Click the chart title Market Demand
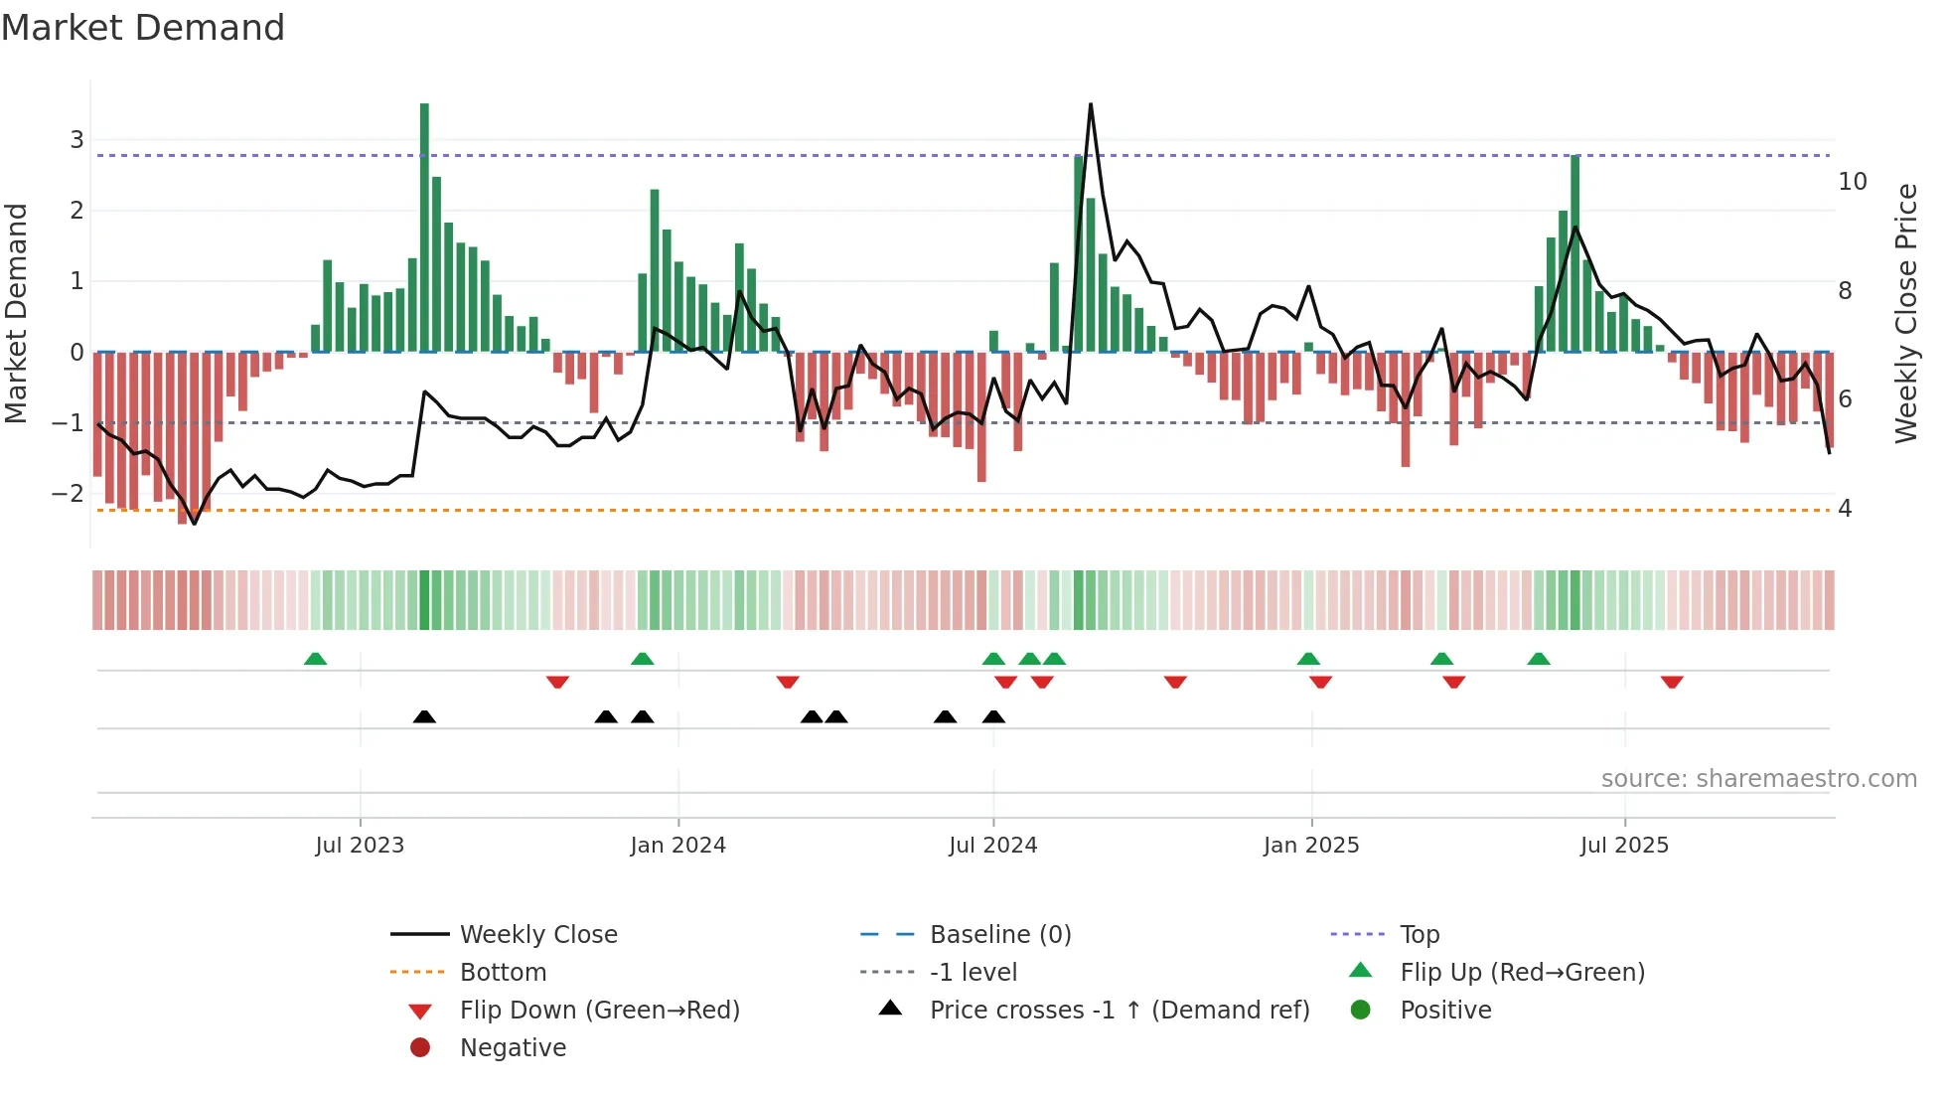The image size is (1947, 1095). (143, 28)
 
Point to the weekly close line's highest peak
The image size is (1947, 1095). (1090, 105)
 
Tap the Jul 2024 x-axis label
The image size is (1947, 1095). (992, 845)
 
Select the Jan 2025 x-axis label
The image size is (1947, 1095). (1310, 845)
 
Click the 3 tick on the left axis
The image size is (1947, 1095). (76, 139)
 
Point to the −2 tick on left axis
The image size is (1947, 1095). (69, 493)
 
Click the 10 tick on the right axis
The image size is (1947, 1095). (1852, 182)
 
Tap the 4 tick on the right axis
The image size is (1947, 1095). (1845, 509)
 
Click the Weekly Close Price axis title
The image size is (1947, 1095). (1905, 313)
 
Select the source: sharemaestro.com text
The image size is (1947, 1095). (1758, 779)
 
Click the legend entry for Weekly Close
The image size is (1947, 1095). (537, 934)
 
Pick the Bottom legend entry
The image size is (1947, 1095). (503, 972)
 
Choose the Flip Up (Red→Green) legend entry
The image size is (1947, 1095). (1522, 972)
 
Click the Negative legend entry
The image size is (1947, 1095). (513, 1047)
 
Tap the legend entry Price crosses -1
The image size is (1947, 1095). (1119, 1010)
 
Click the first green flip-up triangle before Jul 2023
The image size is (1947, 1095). (315, 659)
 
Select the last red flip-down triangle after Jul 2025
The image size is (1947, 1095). (1672, 682)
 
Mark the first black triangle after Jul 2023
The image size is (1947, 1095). (424, 716)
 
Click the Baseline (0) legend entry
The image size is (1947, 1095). (999, 934)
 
